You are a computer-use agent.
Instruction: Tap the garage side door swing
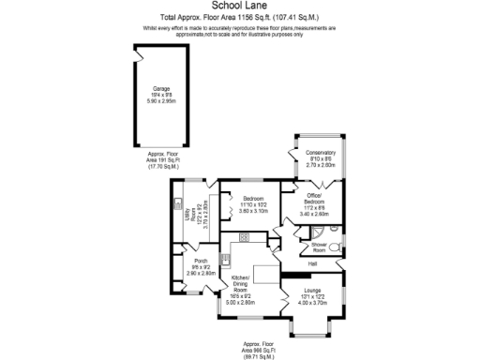pyautogui.click(x=138, y=58)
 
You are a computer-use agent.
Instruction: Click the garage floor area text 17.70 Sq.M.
pyautogui.click(x=163, y=168)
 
